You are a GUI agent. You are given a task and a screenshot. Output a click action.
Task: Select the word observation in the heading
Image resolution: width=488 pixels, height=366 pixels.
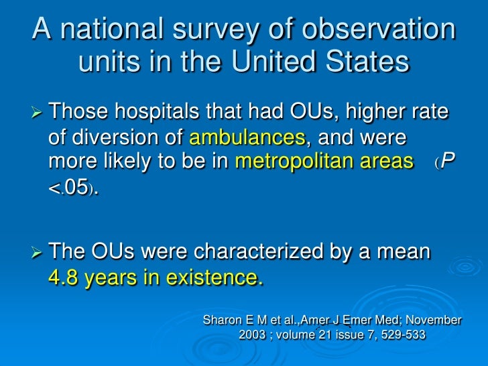point(386,30)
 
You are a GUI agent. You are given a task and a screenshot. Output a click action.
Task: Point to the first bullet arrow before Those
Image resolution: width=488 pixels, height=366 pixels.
point(38,110)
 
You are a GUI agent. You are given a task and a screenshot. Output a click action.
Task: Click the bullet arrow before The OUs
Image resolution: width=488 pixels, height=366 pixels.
point(38,253)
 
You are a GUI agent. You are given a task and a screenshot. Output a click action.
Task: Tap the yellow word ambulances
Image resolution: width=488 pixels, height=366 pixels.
point(247,138)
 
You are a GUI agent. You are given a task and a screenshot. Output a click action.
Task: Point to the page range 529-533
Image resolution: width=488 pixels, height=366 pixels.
point(400,335)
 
